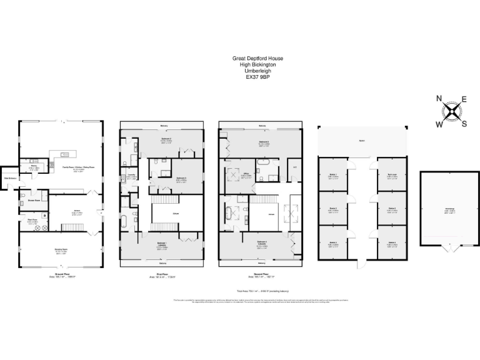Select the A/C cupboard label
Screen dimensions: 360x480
294,167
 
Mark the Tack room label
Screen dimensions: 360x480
392,175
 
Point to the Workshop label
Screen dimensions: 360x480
450,211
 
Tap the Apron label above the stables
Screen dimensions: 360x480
362,141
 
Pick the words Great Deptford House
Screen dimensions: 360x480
262,58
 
